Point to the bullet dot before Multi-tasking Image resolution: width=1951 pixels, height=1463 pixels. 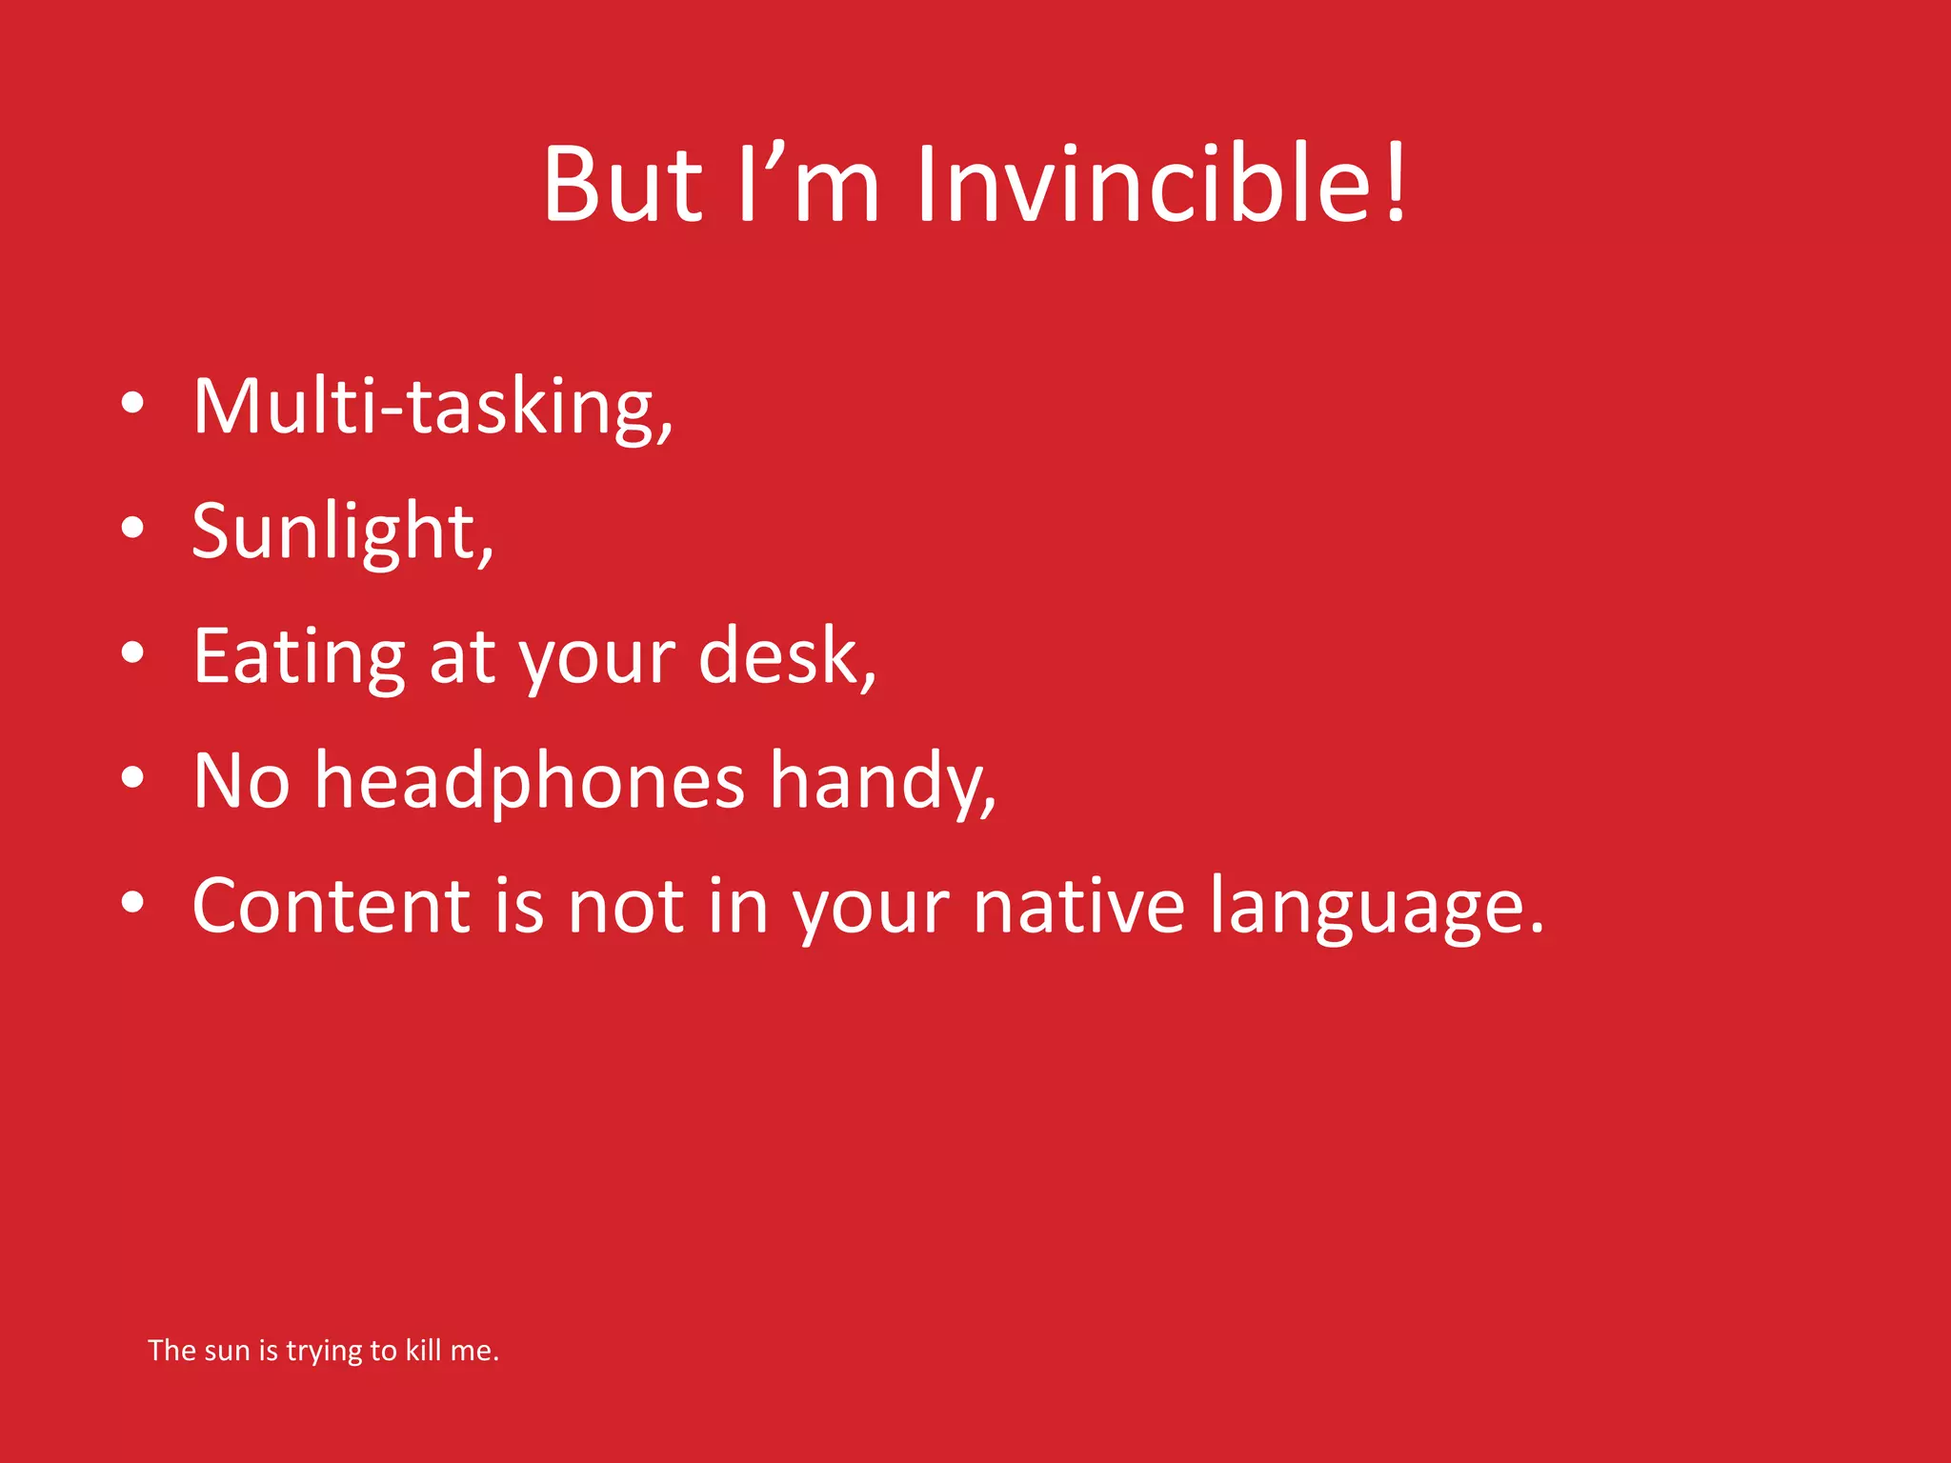pyautogui.click(x=132, y=404)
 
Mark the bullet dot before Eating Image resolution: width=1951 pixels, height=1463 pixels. pyautogui.click(x=132, y=653)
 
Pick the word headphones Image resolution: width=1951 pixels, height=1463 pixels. pyautogui.click(x=530, y=781)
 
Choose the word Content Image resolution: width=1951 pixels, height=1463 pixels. pyautogui.click(x=332, y=906)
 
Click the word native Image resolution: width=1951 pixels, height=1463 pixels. pyautogui.click(x=1078, y=906)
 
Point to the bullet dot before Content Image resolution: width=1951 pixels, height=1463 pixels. pyautogui.click(x=132, y=903)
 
